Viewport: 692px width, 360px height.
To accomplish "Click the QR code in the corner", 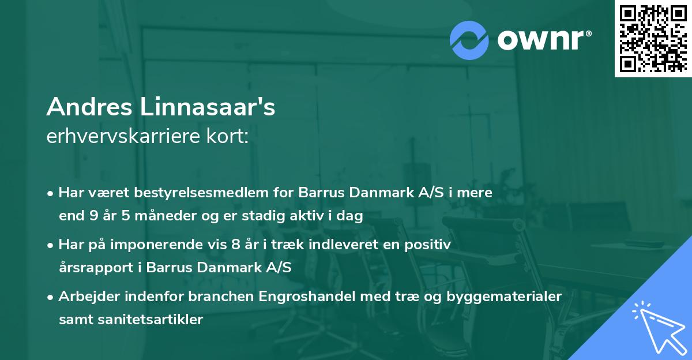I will pyautogui.click(x=653, y=38).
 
